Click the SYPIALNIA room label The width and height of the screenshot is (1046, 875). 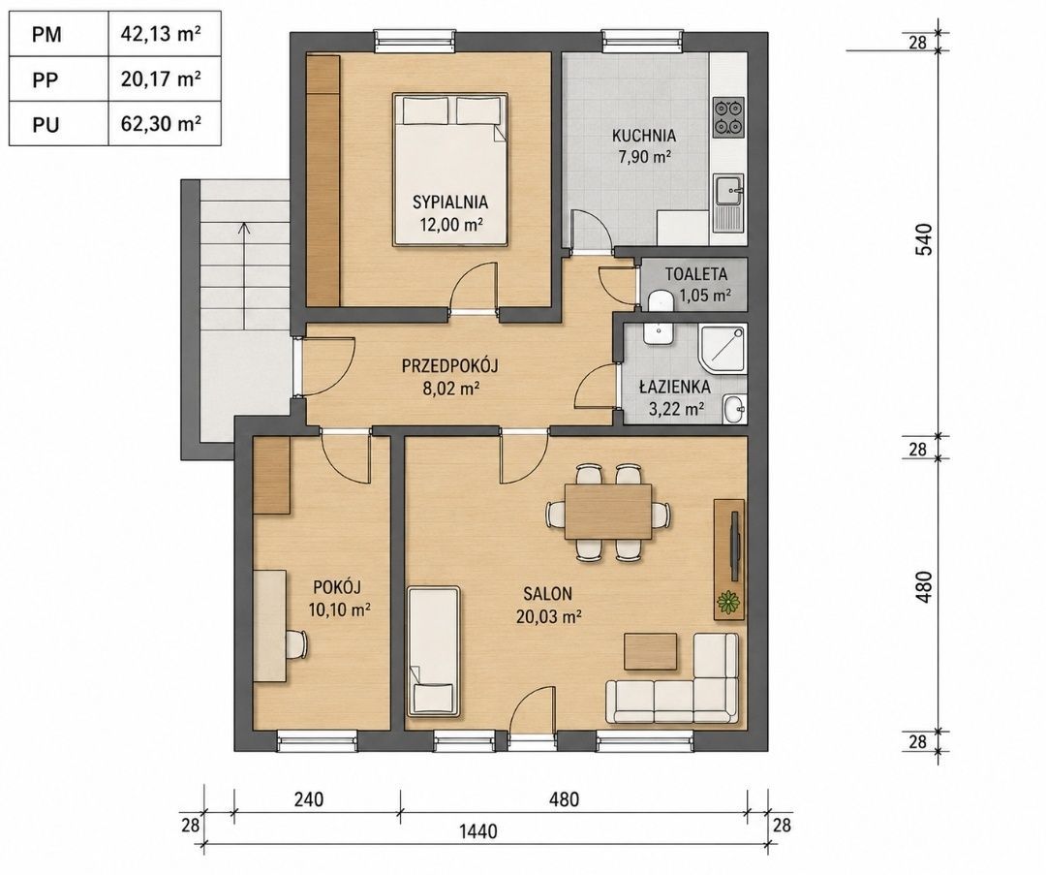point(450,202)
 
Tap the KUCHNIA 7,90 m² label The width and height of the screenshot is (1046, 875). point(644,146)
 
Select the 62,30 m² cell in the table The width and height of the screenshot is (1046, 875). point(161,123)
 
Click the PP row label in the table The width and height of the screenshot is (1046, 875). point(46,80)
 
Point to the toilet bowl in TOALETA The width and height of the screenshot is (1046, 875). point(660,299)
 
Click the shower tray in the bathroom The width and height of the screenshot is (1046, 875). point(723,350)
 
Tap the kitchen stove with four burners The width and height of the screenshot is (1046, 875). point(727,117)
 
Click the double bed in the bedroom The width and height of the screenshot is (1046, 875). point(449,170)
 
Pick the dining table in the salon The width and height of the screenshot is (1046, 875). point(607,512)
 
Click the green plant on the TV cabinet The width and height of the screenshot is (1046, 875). point(728,602)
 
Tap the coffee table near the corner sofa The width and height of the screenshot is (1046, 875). point(651,651)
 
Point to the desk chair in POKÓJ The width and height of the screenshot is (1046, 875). point(297,643)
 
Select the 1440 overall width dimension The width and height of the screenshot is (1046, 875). point(478,831)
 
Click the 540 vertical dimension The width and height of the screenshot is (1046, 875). point(924,239)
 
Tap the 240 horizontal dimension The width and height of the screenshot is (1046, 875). point(308,798)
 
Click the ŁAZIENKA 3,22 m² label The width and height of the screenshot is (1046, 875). point(674,398)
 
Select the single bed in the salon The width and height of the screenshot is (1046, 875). point(434,651)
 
